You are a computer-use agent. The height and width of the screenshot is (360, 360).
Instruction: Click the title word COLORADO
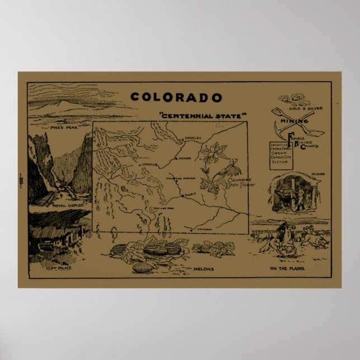pyautogui.click(x=176, y=98)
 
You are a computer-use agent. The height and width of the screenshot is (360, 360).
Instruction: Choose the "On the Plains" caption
pyautogui.click(x=286, y=269)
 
